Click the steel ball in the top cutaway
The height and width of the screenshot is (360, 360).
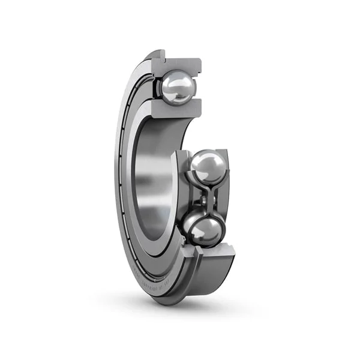coord(177,88)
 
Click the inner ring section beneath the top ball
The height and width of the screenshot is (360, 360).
coord(178,109)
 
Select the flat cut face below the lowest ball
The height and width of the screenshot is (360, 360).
coord(207,250)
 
